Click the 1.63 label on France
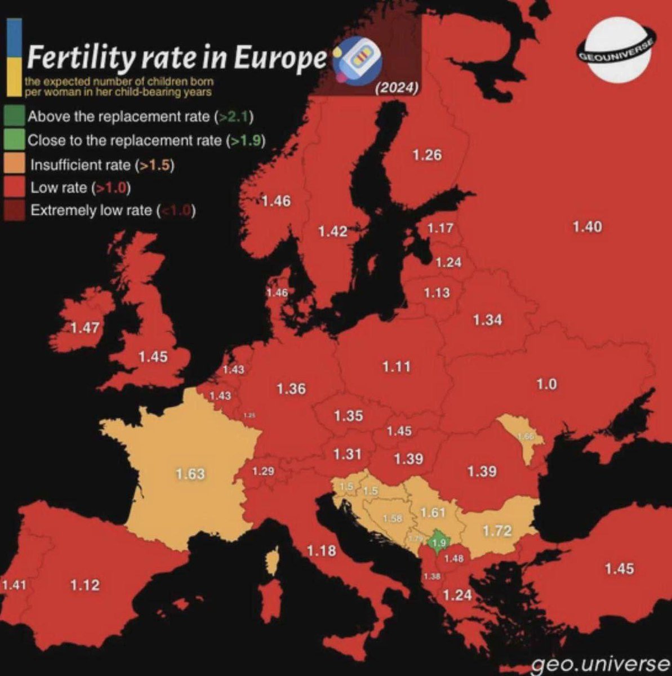tap(189, 474)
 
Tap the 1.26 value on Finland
tap(427, 155)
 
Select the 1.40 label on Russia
tap(587, 226)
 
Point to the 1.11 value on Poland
tap(397, 367)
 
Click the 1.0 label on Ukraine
tap(546, 384)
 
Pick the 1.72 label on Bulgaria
tap(497, 530)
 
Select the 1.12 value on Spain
tap(85, 585)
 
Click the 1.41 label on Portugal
tap(14, 585)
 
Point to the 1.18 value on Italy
tap(322, 550)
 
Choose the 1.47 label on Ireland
tap(85, 327)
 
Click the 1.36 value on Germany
tap(291, 388)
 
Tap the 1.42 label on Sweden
tap(332, 231)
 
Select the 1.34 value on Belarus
tap(487, 319)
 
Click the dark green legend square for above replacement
tap(15, 117)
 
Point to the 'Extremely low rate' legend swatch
tap(15, 210)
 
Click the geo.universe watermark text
tap(600, 664)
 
